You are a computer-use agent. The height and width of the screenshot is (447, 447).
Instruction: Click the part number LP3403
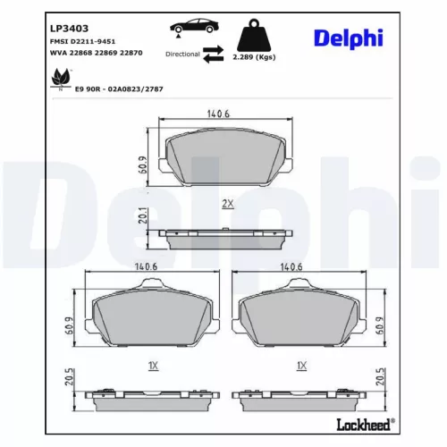click(69, 13)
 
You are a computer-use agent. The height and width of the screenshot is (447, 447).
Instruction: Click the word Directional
click(182, 54)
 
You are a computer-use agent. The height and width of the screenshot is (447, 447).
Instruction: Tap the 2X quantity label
click(227, 204)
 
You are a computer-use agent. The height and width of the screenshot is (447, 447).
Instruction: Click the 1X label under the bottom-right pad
click(302, 365)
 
